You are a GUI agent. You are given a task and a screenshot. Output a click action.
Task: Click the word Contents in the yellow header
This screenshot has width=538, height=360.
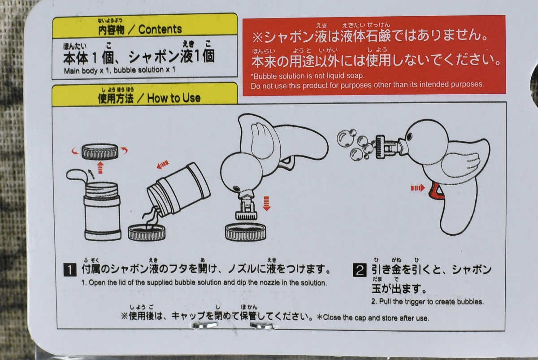(160, 30)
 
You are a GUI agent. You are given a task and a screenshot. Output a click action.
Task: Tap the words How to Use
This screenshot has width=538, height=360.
(174, 98)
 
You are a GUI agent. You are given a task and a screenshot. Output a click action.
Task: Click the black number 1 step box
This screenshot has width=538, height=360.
(70, 270)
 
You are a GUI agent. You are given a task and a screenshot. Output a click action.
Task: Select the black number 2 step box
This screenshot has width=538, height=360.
(360, 270)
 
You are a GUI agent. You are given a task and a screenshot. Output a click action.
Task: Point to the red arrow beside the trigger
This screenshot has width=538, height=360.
(417, 188)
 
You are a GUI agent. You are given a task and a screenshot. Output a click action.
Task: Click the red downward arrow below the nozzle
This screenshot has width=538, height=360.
(266, 204)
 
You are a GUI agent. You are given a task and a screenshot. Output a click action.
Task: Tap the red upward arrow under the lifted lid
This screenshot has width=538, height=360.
(100, 167)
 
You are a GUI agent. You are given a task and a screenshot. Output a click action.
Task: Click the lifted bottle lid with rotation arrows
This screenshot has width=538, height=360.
(100, 152)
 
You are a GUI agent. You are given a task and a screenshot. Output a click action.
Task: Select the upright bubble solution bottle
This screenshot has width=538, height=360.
(103, 211)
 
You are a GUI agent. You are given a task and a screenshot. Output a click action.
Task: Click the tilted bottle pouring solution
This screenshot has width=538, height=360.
(179, 189)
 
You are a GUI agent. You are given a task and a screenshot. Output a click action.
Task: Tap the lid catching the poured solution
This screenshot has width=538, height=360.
(147, 233)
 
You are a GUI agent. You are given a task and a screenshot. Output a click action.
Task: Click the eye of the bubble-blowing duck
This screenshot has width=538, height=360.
(409, 137)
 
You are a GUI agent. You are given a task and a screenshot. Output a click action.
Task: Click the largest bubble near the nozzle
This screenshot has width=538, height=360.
(345, 139)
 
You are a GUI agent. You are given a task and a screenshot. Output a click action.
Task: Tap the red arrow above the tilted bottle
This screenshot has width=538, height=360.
(163, 165)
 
